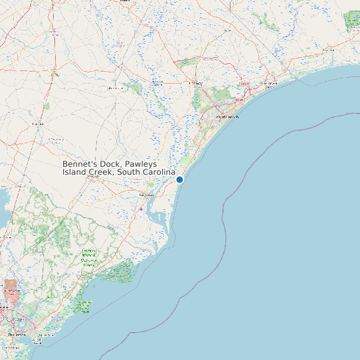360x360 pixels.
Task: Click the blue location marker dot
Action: [x=179, y=179]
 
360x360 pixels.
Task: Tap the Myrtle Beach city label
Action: [x=227, y=117]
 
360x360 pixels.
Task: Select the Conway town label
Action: [x=196, y=83]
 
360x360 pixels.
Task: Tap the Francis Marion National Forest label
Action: [x=89, y=258]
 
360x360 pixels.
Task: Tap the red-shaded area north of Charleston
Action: [x=12, y=288]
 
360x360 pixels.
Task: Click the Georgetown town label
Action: [x=145, y=195]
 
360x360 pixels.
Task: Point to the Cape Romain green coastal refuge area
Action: [x=123, y=270]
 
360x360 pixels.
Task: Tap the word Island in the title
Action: [x=74, y=172]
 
